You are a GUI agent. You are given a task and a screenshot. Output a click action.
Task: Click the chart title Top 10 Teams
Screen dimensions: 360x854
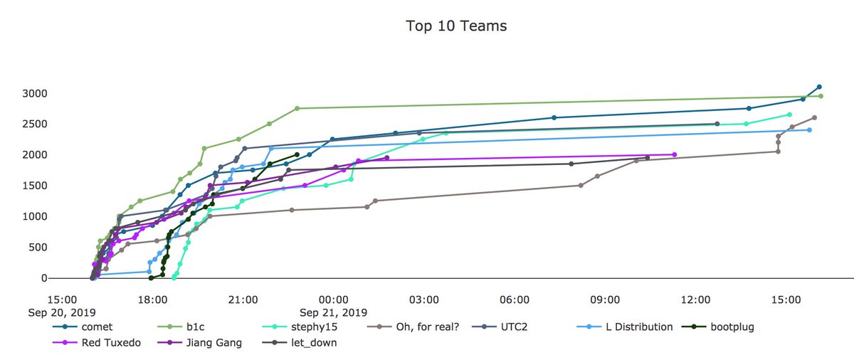click(x=456, y=26)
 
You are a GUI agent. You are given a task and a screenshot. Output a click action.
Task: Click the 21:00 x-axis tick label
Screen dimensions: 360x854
click(x=243, y=300)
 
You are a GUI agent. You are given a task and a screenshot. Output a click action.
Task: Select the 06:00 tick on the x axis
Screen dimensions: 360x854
click(x=514, y=300)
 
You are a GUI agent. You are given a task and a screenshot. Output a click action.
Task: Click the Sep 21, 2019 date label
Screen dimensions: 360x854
click(x=333, y=312)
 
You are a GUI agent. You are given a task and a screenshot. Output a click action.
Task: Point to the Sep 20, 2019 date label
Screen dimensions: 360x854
click(x=62, y=312)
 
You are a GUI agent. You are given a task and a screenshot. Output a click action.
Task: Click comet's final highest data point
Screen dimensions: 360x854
click(x=819, y=87)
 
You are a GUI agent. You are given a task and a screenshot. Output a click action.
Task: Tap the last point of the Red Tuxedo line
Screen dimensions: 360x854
click(x=674, y=154)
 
